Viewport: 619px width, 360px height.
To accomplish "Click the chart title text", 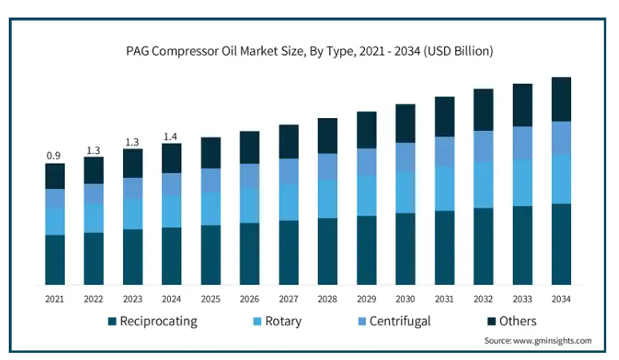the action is coord(310,51).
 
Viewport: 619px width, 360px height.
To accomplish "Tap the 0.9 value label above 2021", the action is coord(54,156).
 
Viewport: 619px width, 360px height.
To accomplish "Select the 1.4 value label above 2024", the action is coord(171,136).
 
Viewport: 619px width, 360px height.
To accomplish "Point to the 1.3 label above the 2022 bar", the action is coord(93,150).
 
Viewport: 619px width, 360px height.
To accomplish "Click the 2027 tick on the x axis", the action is coord(288,299).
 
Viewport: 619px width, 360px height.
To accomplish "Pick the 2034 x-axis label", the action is coord(561,299).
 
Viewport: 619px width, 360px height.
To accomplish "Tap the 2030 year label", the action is coord(406,299).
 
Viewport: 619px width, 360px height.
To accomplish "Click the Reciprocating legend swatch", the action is coord(112,322).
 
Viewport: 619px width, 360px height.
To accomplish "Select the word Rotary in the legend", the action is coord(283,322).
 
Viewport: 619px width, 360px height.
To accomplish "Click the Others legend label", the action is coord(518,322).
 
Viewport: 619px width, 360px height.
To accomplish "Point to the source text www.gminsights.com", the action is coord(552,341).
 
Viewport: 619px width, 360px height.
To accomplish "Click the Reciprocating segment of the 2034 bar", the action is coord(561,244).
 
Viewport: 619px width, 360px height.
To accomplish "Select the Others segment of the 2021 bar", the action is coord(55,176).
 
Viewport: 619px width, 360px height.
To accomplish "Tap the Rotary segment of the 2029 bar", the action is coord(367,196).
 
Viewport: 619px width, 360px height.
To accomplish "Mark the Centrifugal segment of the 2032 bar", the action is coord(483,146).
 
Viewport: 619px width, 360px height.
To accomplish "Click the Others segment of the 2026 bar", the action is coord(249,148).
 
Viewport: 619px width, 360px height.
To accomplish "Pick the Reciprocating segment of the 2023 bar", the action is coord(133,257).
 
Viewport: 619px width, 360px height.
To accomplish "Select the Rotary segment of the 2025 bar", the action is coord(211,208).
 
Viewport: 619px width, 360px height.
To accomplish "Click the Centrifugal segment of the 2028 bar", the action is coord(327,167).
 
